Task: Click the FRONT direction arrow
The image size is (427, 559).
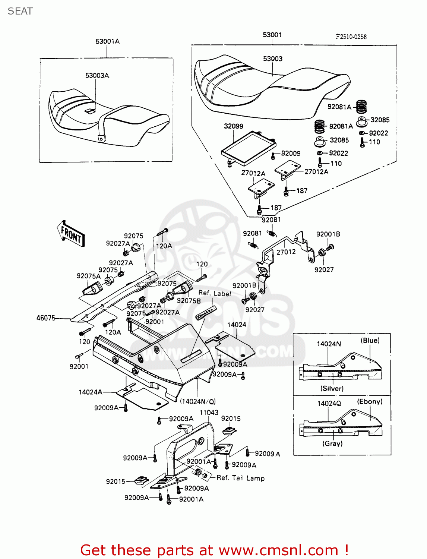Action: pyautogui.click(x=71, y=234)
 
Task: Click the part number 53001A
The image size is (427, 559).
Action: pyautogui.click(x=107, y=41)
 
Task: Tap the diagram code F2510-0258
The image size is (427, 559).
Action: pyautogui.click(x=351, y=37)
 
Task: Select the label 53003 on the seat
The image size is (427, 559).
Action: pyautogui.click(x=272, y=59)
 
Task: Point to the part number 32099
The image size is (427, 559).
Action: pyautogui.click(x=233, y=126)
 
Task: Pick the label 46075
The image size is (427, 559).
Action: pyautogui.click(x=46, y=318)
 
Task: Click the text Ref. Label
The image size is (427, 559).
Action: pyautogui.click(x=215, y=293)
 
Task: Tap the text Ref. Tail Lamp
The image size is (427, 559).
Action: pyautogui.click(x=240, y=478)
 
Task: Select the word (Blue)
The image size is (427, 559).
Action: pyautogui.click(x=370, y=341)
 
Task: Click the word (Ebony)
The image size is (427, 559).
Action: pyautogui.click(x=370, y=402)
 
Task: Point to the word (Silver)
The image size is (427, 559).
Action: pyautogui.click(x=332, y=388)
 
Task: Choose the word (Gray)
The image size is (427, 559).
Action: pyautogui.click(x=332, y=443)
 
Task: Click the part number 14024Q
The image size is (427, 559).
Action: pyautogui.click(x=329, y=404)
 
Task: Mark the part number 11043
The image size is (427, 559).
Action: pyautogui.click(x=209, y=413)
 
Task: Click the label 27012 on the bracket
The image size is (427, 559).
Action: pyautogui.click(x=286, y=252)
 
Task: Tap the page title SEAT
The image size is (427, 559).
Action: pyautogui.click(x=20, y=11)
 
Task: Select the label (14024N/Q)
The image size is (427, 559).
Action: pyautogui.click(x=198, y=401)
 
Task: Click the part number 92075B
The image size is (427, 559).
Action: pyautogui.click(x=189, y=301)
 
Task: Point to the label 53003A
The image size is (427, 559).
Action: pyautogui.click(x=97, y=76)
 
